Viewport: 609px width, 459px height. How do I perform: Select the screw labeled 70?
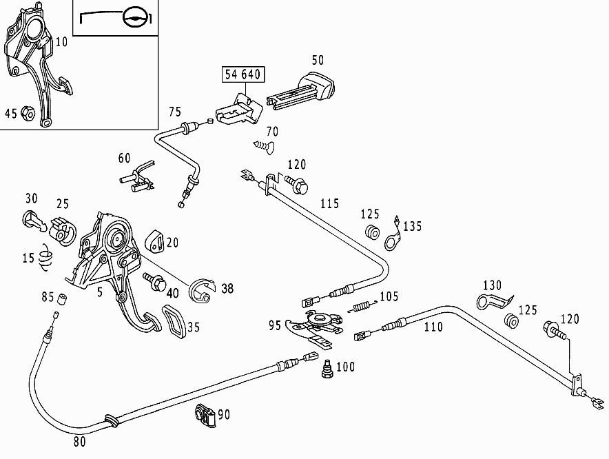click(x=262, y=145)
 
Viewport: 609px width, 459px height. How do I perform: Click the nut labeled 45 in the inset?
click(x=28, y=112)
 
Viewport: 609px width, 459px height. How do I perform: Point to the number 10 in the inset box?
click(x=61, y=42)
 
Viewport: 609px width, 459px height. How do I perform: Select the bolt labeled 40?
click(x=153, y=280)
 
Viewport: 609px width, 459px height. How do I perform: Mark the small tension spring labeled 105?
click(x=360, y=306)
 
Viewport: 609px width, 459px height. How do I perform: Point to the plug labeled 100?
click(x=326, y=370)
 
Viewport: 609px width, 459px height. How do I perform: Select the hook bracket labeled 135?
click(x=393, y=234)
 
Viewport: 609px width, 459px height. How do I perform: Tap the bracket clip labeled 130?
click(x=492, y=301)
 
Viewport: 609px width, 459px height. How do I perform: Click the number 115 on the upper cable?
click(x=330, y=204)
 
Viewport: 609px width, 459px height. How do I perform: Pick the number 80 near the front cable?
click(x=80, y=442)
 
